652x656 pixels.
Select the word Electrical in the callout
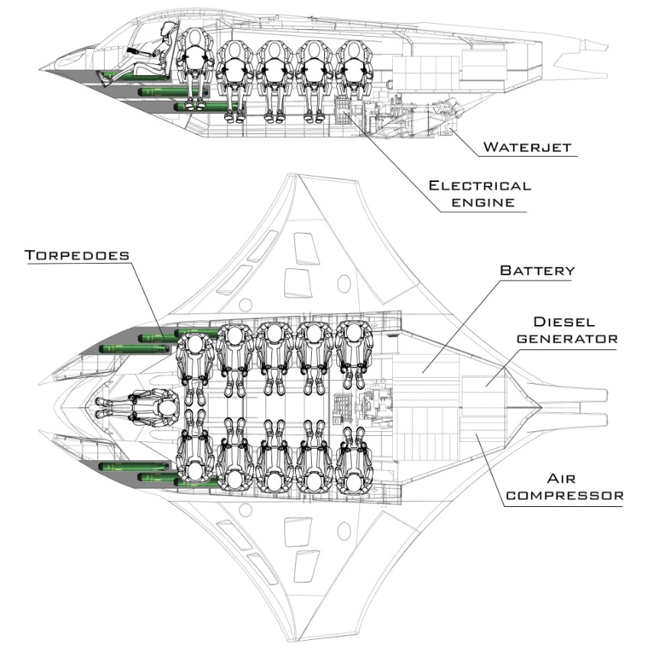point(479,186)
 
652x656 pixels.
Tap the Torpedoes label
point(77,255)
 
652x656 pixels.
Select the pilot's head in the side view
point(170,31)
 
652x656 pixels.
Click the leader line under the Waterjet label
point(527,156)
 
